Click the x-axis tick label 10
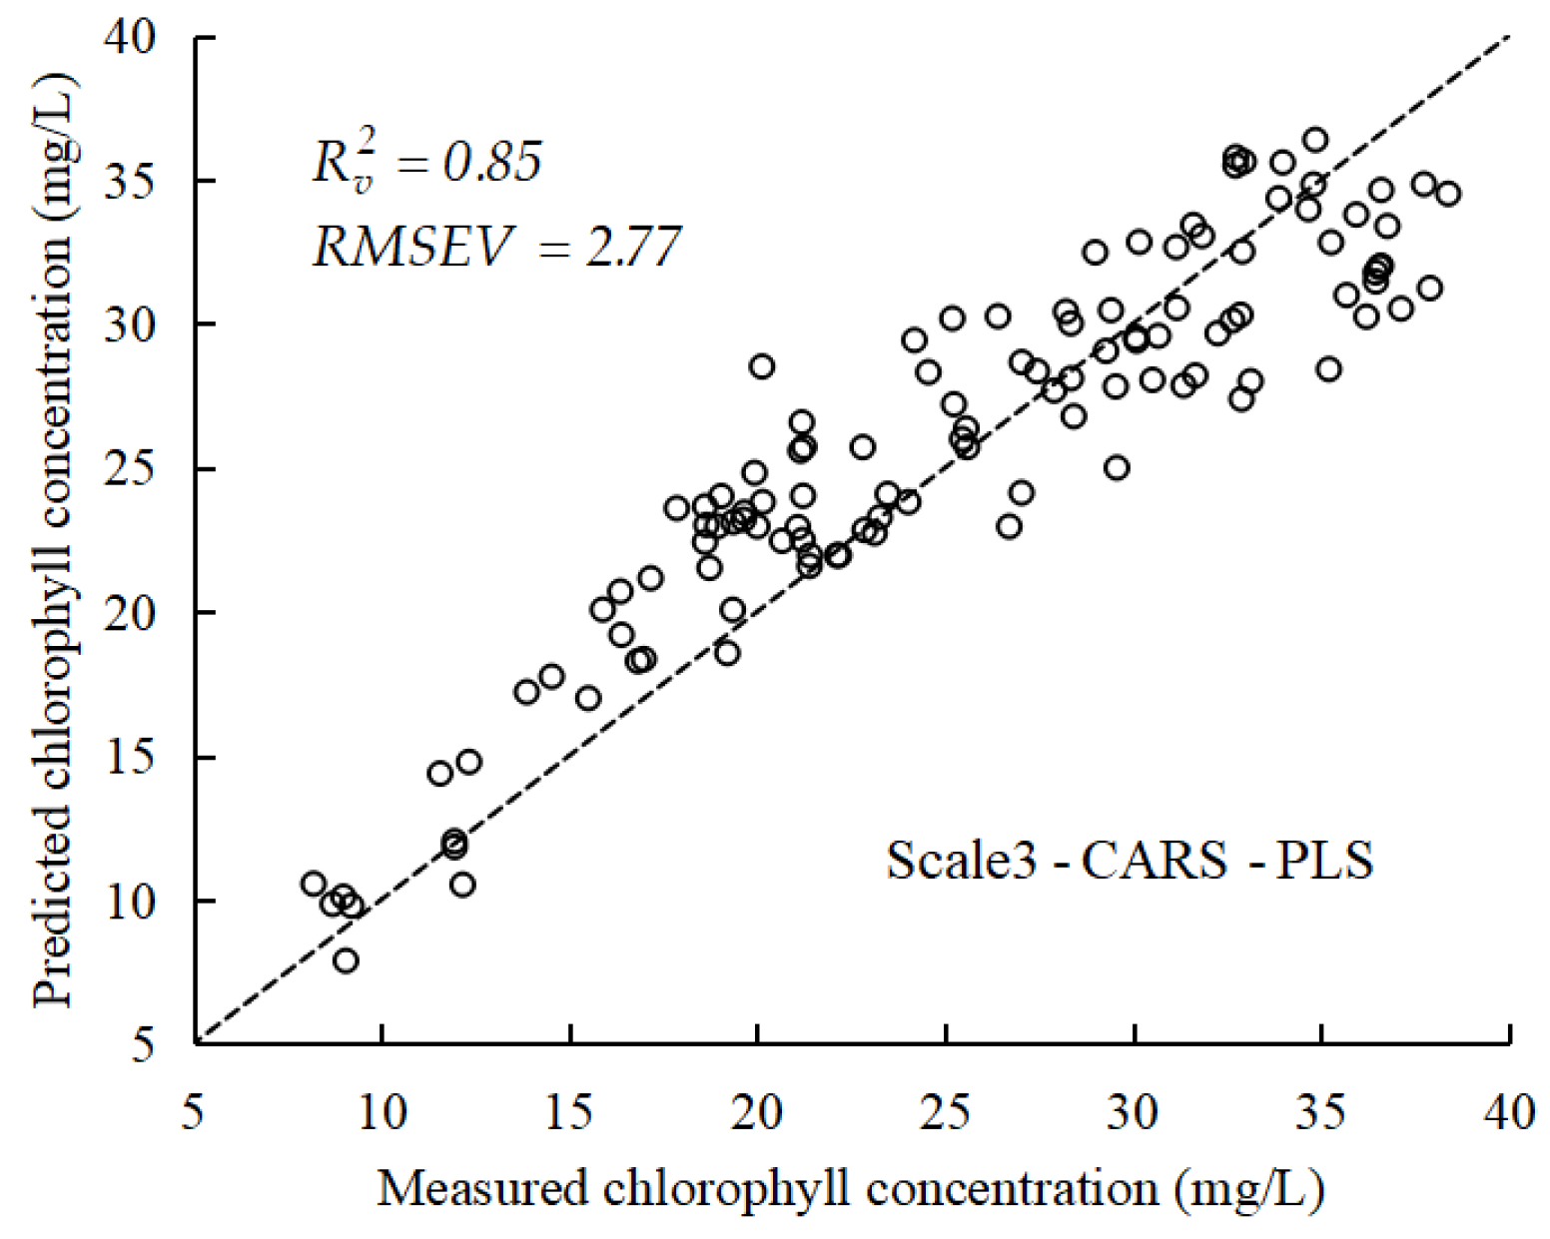click(x=382, y=1110)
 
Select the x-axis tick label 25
click(x=945, y=1110)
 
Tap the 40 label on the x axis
click(x=1509, y=1110)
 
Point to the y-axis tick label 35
click(x=130, y=182)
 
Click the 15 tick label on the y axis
click(x=130, y=758)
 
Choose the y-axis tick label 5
click(x=143, y=1045)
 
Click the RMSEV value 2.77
click(x=632, y=246)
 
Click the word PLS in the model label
click(x=1324, y=860)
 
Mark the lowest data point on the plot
click(x=346, y=960)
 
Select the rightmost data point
click(x=1448, y=194)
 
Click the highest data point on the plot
click(x=1315, y=140)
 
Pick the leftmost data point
click(x=314, y=884)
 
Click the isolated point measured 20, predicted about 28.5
click(x=762, y=366)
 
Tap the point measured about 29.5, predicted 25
click(x=1117, y=467)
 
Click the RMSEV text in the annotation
click(x=413, y=246)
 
